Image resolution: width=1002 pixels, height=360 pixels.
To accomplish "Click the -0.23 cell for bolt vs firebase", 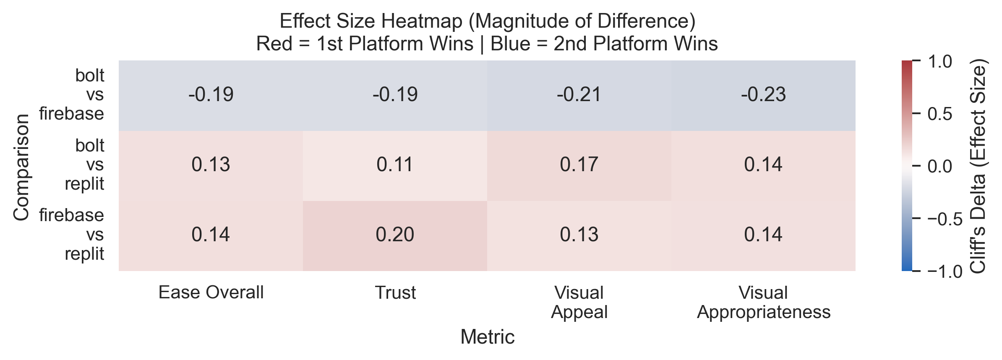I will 763,95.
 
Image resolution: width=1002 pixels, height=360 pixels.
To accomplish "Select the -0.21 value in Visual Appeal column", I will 579,95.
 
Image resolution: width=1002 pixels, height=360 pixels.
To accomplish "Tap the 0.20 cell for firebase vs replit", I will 395,235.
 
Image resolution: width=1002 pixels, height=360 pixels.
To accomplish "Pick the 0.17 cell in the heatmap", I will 579,165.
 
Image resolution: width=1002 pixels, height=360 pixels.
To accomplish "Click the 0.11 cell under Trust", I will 395,165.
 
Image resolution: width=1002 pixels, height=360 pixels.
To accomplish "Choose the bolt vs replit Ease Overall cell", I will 211,165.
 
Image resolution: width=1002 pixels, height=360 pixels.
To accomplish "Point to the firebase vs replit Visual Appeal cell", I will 579,235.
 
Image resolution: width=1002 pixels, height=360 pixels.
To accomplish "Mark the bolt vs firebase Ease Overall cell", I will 211,95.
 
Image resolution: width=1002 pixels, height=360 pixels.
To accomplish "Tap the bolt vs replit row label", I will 84,165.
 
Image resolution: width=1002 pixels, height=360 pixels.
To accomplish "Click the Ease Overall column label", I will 211,292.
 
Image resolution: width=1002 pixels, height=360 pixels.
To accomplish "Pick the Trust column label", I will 395,292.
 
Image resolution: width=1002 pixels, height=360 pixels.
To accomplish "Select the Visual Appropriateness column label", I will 763,302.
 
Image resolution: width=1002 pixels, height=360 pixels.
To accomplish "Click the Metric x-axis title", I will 487,337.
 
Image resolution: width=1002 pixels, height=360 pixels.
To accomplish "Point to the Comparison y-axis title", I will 21,167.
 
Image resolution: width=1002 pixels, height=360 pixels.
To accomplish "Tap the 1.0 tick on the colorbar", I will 940,62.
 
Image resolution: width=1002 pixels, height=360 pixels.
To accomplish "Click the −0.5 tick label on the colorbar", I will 944,219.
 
